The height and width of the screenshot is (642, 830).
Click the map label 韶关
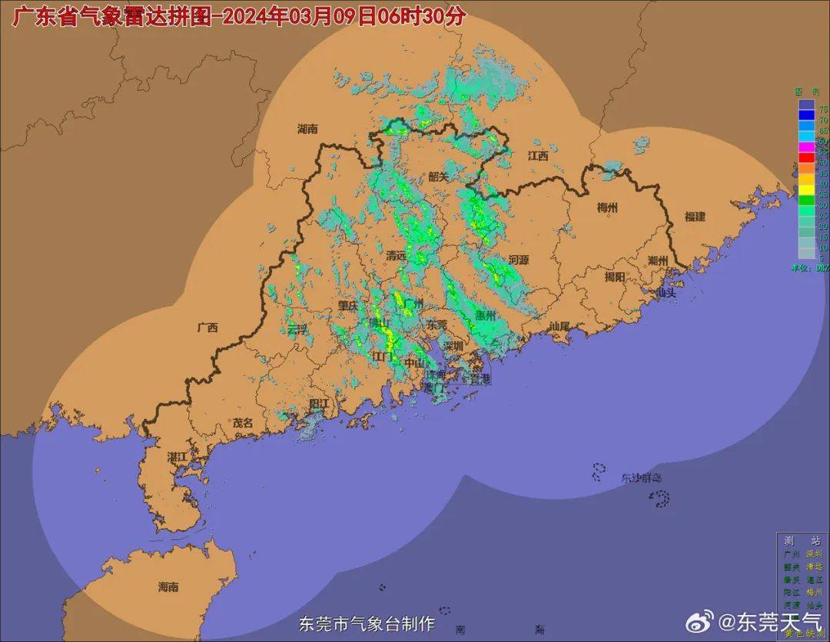438,176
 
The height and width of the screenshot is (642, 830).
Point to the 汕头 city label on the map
666,293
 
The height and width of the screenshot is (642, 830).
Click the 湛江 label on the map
178,457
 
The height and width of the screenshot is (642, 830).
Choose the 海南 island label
168,587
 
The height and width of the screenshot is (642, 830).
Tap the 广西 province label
207,328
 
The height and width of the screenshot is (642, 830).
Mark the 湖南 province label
307,129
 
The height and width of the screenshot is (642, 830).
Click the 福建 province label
695,217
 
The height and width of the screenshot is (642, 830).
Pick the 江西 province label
538,155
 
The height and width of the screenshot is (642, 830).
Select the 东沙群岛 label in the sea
642,478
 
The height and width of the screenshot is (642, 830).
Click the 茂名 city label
243,423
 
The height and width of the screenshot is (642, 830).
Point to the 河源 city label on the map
519,260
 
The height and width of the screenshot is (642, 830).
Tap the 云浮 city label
297,328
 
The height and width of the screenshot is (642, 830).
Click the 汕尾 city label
559,326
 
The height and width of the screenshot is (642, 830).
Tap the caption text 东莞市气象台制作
367,623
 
